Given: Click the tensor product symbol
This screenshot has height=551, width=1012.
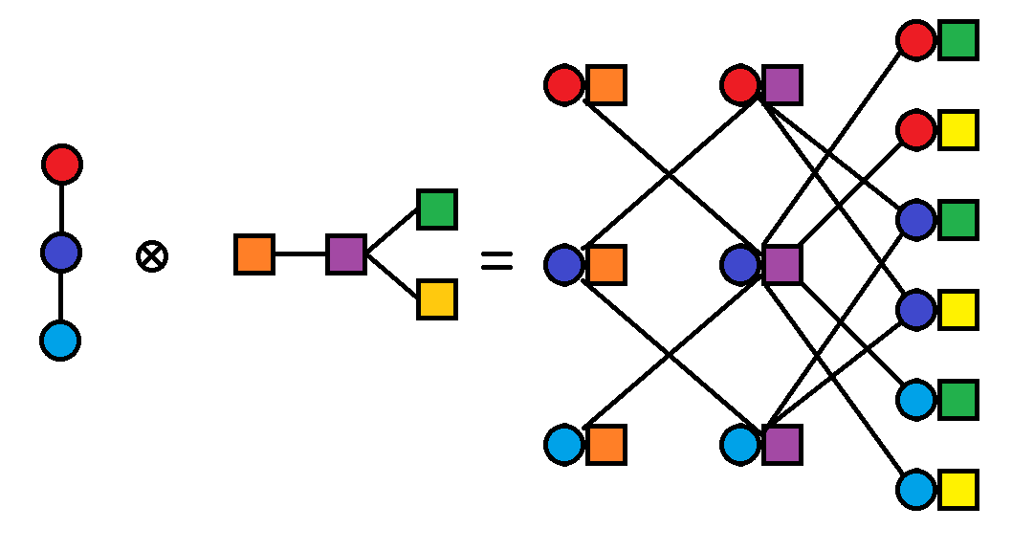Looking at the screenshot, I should pyautogui.click(x=152, y=256).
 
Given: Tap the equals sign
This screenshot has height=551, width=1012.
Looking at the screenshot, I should pyautogui.click(x=496, y=260).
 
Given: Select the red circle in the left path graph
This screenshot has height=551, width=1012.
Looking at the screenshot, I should pyautogui.click(x=62, y=165).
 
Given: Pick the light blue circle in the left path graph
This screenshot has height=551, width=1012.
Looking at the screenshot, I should pyautogui.click(x=60, y=341).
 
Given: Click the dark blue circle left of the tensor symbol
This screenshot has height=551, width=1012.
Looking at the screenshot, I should pyautogui.click(x=61, y=253).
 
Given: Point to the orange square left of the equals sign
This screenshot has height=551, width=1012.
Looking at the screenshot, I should pyautogui.click(x=254, y=254).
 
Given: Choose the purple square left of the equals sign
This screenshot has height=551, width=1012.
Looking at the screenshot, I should pyautogui.click(x=345, y=254).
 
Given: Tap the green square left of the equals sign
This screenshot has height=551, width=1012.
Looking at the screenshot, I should pyautogui.click(x=436, y=209).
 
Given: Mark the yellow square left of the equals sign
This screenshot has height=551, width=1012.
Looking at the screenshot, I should pyautogui.click(x=436, y=299).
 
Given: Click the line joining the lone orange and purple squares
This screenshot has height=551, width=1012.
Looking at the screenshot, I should pyautogui.click(x=299, y=254).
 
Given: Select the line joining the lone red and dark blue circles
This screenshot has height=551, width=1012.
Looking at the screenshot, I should pyautogui.click(x=61, y=209).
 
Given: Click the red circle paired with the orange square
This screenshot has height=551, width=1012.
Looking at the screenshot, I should pyautogui.click(x=564, y=85).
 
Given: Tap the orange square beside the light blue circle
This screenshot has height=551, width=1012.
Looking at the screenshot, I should pyautogui.click(x=606, y=445).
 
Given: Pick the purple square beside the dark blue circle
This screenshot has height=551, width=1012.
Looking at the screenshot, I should pyautogui.click(x=782, y=265).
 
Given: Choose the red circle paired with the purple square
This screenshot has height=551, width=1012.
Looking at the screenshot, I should pyautogui.click(x=741, y=85).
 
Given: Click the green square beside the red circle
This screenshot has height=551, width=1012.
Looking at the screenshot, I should pyautogui.click(x=957, y=40).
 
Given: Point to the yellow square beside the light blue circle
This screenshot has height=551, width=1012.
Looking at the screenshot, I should pyautogui.click(x=957, y=490).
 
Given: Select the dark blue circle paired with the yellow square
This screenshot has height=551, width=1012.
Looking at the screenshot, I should pyautogui.click(x=916, y=309).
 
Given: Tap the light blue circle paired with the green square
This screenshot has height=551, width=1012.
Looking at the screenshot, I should pyautogui.click(x=916, y=400).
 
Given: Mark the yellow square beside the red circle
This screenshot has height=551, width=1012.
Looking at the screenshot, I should pyautogui.click(x=957, y=130).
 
